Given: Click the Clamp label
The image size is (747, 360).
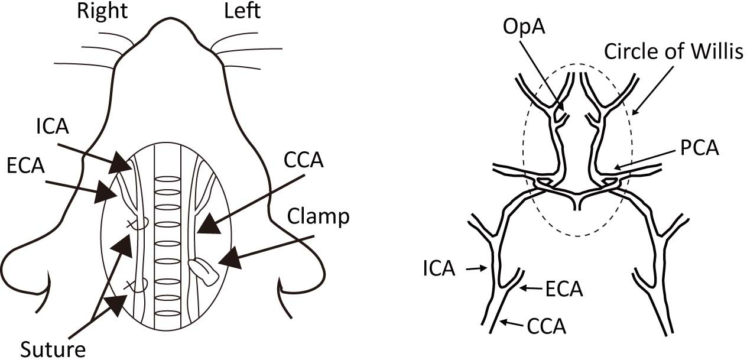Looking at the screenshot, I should (x=319, y=217).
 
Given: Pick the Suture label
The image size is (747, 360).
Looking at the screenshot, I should (x=53, y=349).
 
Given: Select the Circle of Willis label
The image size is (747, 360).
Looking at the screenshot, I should (x=673, y=53).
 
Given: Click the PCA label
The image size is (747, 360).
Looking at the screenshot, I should (x=700, y=148).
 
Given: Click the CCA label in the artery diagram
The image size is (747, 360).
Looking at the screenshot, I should (x=547, y=325).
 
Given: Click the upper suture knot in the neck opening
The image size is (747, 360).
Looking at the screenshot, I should (x=139, y=223).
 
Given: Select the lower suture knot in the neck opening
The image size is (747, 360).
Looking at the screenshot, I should (x=139, y=286).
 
